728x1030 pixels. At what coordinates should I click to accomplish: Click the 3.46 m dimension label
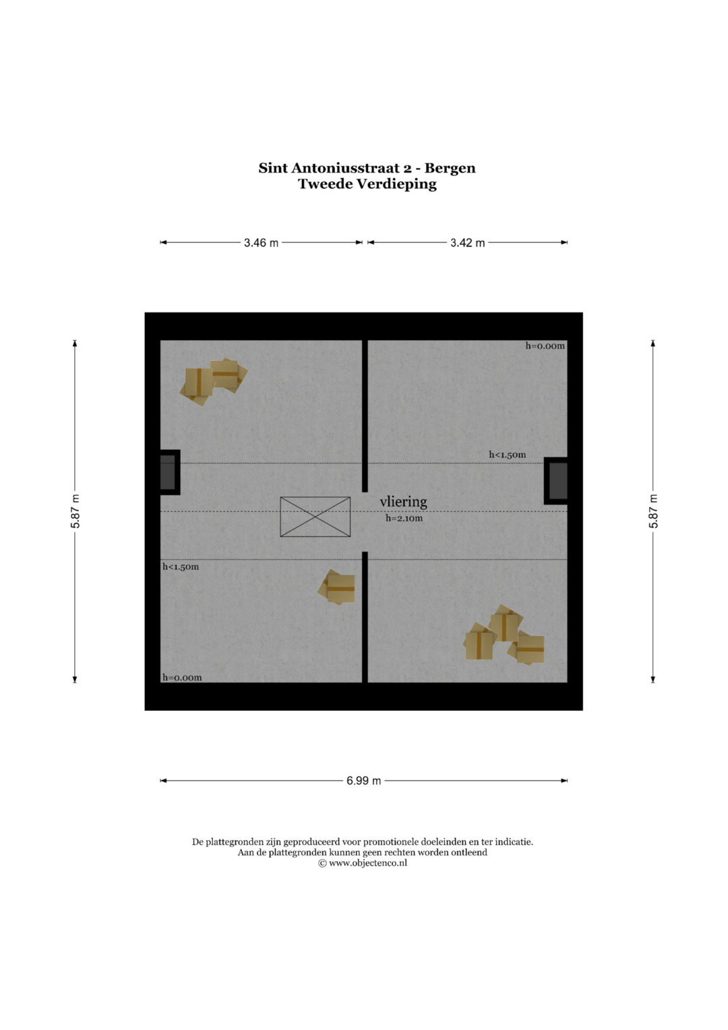tap(261, 243)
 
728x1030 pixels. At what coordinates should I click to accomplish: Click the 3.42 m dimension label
tap(467, 243)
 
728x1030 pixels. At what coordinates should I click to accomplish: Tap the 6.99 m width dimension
tap(363, 781)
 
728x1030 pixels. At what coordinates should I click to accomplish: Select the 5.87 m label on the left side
tap(75, 511)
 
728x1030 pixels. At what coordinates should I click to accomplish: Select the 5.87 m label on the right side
tap(654, 511)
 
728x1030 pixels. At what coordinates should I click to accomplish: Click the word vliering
tap(404, 502)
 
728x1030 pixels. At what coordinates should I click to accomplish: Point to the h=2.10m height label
tap(404, 518)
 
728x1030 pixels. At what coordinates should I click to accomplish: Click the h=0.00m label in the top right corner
tap(545, 346)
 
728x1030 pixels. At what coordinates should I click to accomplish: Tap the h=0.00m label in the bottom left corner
tap(182, 677)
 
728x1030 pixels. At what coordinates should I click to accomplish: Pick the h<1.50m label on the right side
tap(508, 455)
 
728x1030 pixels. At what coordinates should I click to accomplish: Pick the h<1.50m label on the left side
tap(181, 567)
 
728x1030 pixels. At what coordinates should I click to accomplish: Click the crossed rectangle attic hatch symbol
tap(315, 517)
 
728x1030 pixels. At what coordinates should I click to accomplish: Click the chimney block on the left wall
tap(169, 472)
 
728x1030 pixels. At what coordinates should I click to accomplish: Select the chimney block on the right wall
tap(556, 481)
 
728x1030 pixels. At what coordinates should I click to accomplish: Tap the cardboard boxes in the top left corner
tap(213, 382)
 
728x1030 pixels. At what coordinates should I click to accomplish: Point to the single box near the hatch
tap(337, 588)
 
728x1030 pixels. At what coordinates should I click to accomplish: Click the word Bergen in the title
tap(450, 169)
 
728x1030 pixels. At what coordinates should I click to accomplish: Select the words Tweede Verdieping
tap(367, 184)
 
